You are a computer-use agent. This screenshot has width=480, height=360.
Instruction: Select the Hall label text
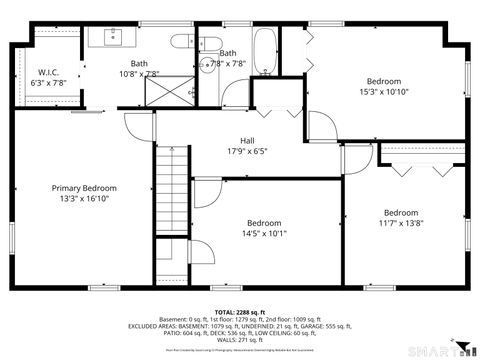pyautogui.click(x=247, y=140)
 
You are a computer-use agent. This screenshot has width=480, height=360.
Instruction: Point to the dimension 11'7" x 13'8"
pyautogui.click(x=401, y=223)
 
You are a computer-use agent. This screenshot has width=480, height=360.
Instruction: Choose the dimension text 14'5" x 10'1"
pyautogui.click(x=264, y=234)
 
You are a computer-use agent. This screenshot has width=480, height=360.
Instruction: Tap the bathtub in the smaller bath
pyautogui.click(x=265, y=52)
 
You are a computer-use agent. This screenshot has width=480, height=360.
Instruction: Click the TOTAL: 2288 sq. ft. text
pyautogui.click(x=241, y=313)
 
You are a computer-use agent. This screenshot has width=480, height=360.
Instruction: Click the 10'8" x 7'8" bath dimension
pyautogui.click(x=139, y=74)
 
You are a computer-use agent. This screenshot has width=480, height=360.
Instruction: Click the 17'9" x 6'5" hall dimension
pyautogui.click(x=247, y=151)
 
